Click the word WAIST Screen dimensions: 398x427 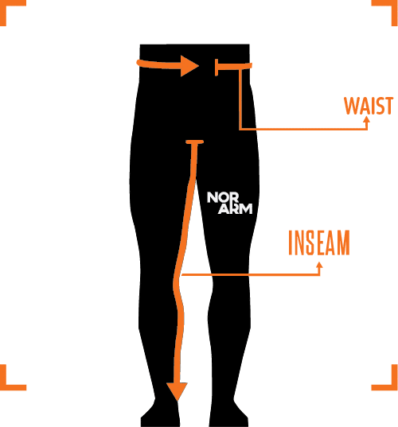[369, 106]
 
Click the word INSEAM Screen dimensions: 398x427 [319, 243]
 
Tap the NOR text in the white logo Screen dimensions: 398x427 [223, 197]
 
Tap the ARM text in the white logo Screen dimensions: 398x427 [236, 209]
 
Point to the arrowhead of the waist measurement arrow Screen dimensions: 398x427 [189, 66]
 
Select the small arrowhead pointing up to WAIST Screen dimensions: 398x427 [367, 119]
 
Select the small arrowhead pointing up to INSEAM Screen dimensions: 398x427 [319, 265]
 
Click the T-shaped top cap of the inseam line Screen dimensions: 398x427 [195, 142]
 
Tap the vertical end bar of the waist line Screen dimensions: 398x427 [217, 68]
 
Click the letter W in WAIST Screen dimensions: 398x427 [351, 106]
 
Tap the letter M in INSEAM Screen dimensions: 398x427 [344, 243]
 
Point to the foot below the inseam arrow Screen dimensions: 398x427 [160, 414]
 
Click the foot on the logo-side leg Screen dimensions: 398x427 [228, 414]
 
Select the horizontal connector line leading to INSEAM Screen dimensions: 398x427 [250, 275]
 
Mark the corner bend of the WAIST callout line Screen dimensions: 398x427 [240, 129]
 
